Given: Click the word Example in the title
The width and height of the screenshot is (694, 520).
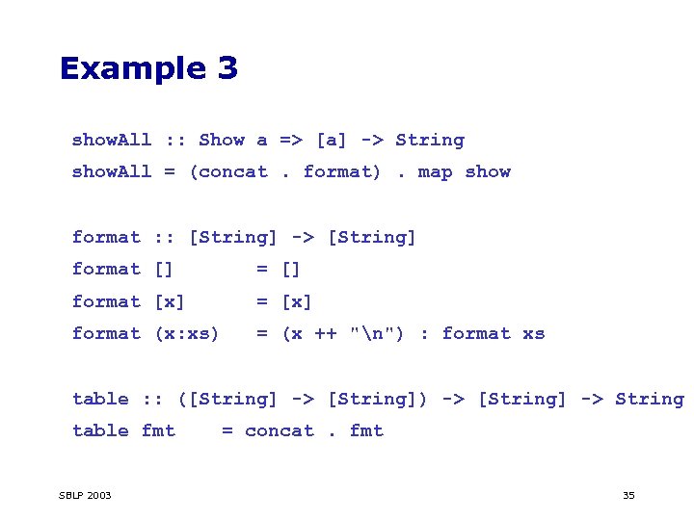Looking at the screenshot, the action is (132, 68).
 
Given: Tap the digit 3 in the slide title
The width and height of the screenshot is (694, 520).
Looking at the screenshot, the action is (227, 68).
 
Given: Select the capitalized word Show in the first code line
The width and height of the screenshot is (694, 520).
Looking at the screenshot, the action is (222, 140).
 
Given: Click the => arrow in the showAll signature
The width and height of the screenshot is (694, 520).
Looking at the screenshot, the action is (291, 140).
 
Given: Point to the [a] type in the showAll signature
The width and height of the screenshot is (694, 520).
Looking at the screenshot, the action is (332, 140).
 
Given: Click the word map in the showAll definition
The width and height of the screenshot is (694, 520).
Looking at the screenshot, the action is (435, 171).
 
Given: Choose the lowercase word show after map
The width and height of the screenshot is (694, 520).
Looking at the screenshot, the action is (488, 171).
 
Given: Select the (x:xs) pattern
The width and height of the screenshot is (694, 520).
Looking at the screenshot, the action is (187, 333).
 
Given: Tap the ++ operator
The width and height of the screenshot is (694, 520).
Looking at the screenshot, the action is (326, 333).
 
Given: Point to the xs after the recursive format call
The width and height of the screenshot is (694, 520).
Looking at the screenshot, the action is (534, 333).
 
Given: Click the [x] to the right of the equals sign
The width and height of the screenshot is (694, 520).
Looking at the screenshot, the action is (297, 301).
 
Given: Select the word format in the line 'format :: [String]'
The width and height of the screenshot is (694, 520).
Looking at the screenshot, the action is (106, 237).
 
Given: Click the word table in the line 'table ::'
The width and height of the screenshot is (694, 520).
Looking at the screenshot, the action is (100, 399).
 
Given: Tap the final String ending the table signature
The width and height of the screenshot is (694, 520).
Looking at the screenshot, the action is (650, 399).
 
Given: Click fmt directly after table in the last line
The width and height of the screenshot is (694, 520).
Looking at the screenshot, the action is (158, 430).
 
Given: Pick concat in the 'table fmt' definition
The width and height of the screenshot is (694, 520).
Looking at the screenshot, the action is (280, 430).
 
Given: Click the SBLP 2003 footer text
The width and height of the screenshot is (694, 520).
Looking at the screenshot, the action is (85, 495).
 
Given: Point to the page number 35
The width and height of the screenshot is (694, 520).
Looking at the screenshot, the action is (628, 495).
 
